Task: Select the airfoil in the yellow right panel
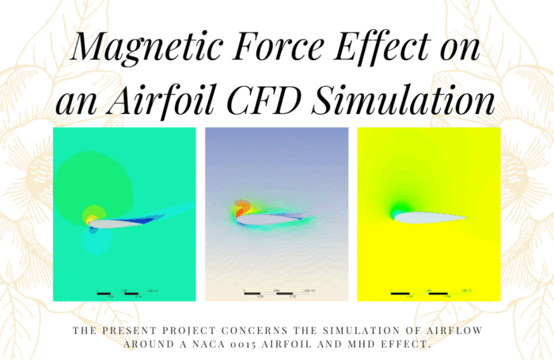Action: [x=431, y=217]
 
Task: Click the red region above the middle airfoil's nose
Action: [x=240, y=209]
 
